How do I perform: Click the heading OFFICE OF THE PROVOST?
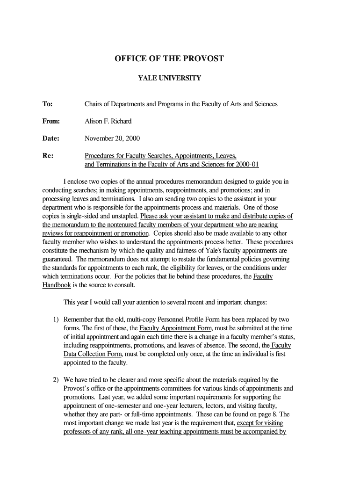pyautogui.click(x=169, y=59)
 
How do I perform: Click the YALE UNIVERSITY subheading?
pyautogui.click(x=169, y=78)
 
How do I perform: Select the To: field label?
pyautogui.click(x=48, y=104)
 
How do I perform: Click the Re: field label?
pyautogui.click(x=48, y=156)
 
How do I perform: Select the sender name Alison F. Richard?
pyautogui.click(x=108, y=121)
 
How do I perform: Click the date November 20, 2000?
pyautogui.click(x=112, y=138)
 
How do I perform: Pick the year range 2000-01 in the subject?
pyautogui.click(x=247, y=165)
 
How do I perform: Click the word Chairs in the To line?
pyautogui.click(x=94, y=104)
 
